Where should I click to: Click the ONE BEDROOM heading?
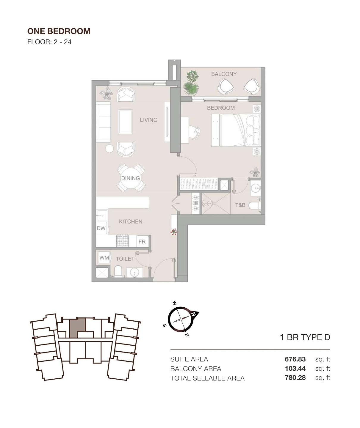tap(59, 31)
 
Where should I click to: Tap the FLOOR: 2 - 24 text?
tap(49, 42)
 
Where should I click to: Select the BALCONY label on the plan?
tap(224, 74)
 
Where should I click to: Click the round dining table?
tap(131, 178)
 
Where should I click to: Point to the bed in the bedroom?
tap(236, 130)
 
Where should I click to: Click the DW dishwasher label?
tap(101, 228)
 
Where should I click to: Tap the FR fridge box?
tap(142, 242)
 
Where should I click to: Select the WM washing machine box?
tap(104, 258)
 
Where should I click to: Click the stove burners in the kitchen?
tap(122, 241)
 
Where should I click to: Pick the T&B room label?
tap(240, 205)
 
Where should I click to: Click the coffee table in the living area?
tap(126, 122)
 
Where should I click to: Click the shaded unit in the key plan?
tap(77, 328)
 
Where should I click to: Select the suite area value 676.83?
tap(295, 359)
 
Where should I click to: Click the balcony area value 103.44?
tap(295, 369)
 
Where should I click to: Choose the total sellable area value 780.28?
tap(295, 378)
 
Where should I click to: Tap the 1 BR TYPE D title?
tap(305, 337)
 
